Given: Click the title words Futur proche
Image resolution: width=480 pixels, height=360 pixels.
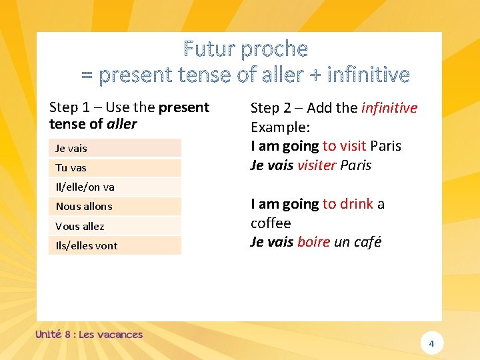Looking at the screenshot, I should [x=245, y=49].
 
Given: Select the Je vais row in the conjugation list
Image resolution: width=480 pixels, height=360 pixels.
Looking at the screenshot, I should [x=115, y=148].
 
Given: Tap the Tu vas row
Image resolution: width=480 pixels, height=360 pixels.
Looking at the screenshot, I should [x=115, y=167].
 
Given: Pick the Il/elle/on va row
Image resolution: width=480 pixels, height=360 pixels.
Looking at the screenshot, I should [x=115, y=187].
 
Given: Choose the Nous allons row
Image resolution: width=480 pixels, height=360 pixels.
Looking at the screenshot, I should [x=115, y=206].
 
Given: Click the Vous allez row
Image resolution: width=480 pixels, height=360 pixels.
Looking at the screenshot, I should [x=115, y=226].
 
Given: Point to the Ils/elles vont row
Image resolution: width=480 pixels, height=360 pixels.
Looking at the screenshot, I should [x=115, y=245].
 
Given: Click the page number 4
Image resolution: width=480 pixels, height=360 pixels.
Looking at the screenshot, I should [x=431, y=343].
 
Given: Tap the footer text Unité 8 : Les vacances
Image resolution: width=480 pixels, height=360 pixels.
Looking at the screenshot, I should [x=89, y=334].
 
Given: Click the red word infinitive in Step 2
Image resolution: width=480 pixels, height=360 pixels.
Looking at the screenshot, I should [x=389, y=108].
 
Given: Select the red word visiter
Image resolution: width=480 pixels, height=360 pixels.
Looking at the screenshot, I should [x=317, y=165].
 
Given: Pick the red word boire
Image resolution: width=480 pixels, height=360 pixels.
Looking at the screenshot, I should [x=313, y=242].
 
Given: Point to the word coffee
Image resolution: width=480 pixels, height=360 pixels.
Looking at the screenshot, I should [x=271, y=223].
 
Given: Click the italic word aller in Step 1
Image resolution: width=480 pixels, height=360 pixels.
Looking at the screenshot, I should [x=121, y=124].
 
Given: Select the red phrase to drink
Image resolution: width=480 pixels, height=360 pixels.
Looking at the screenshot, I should [x=347, y=204].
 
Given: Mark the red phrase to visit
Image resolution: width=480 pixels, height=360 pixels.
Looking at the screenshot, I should [x=344, y=146].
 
